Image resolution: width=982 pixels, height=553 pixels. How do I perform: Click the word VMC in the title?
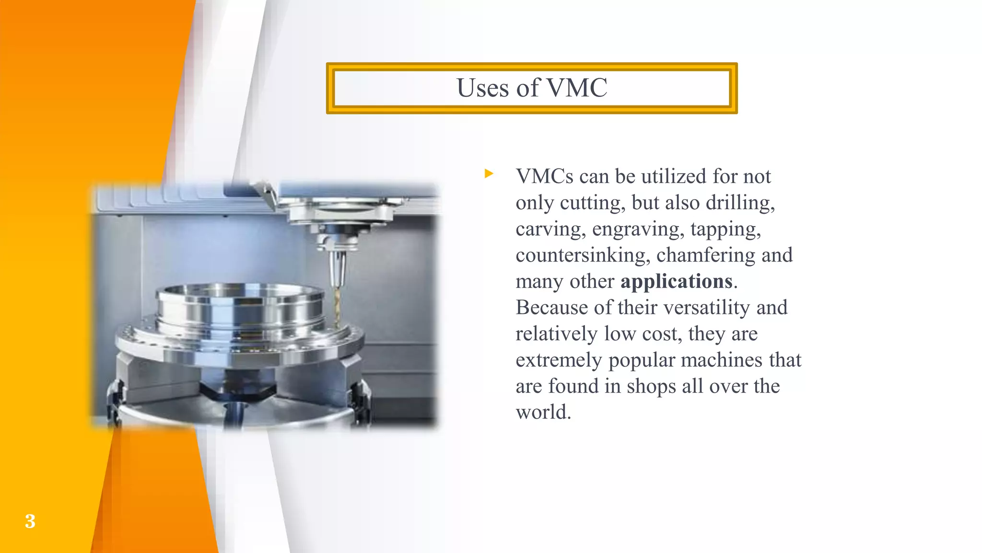pyautogui.click(x=577, y=88)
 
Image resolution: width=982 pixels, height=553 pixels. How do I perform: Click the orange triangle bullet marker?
pyautogui.click(x=489, y=173)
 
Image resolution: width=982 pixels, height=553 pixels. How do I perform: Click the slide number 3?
pyautogui.click(x=30, y=521)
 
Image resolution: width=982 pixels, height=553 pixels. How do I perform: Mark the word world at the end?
pyautogui.click(x=543, y=412)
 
